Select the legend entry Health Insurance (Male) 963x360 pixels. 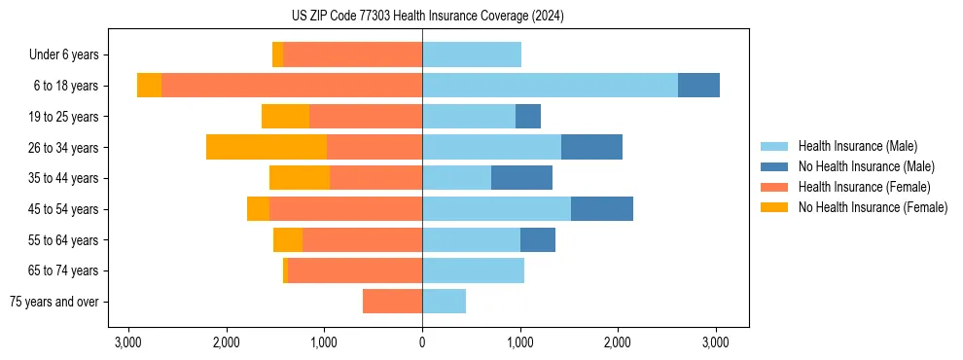click(857, 146)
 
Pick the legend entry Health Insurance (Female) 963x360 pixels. click(864, 187)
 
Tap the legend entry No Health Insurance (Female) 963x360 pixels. click(873, 207)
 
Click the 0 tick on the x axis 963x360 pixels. click(422, 342)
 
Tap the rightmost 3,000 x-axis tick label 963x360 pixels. click(716, 342)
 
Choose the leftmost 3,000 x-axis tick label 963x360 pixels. click(128, 342)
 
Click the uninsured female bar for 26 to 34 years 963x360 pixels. click(267, 147)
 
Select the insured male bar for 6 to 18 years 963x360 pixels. click(550, 86)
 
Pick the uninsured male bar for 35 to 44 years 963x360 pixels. click(521, 178)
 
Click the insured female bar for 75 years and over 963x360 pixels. click(392, 302)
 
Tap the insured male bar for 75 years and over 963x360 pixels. click(444, 302)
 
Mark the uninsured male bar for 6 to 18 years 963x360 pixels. click(698, 86)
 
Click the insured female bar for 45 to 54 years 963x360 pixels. click(345, 209)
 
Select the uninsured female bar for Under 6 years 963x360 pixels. click(277, 54)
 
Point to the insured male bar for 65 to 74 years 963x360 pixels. click(473, 270)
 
